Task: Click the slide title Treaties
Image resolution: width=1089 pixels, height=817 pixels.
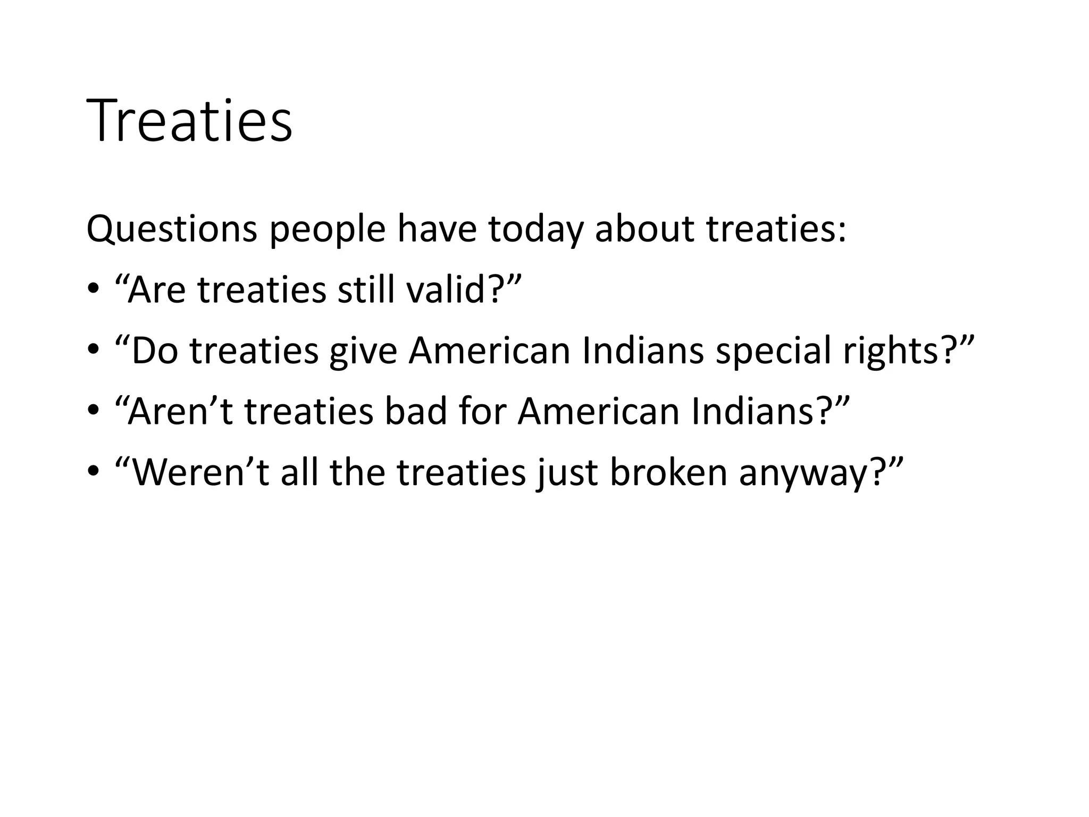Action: click(189, 121)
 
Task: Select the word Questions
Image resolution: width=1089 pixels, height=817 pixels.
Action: click(172, 229)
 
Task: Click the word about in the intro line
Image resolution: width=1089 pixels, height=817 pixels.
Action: click(644, 229)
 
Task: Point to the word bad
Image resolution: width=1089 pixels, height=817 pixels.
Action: click(416, 412)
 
